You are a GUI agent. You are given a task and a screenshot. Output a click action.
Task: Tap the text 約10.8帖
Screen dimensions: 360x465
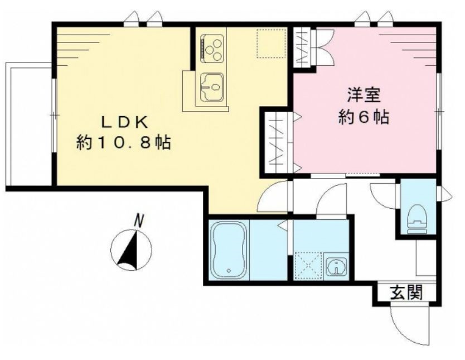point(123,143)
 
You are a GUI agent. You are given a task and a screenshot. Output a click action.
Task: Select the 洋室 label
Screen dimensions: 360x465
point(364,95)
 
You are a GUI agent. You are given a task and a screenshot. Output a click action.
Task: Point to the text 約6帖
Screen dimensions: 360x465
point(364,118)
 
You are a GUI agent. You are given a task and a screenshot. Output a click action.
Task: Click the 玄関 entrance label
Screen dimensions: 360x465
point(405,291)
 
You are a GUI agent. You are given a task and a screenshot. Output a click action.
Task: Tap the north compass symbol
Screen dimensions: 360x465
point(131,250)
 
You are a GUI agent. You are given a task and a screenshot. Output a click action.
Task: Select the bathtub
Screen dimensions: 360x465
point(229,251)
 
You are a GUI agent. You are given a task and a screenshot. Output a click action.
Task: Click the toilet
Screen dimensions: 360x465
point(416,217)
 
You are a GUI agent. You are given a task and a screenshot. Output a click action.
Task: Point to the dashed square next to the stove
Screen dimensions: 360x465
point(268,42)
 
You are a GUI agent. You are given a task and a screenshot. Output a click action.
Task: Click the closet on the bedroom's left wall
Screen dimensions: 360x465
point(276,140)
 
